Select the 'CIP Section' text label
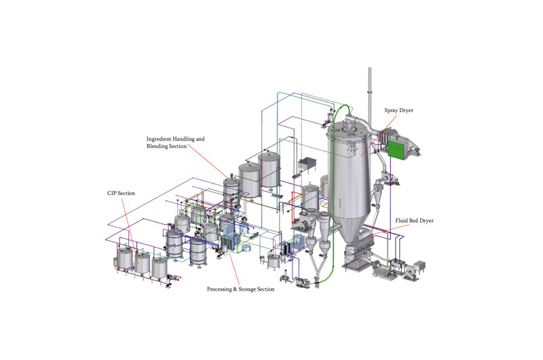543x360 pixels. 121,194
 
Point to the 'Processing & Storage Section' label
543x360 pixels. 240,289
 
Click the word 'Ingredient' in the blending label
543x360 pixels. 162,139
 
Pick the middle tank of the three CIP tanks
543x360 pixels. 143,262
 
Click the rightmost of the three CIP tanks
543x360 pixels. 160,266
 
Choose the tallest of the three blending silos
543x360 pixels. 269,170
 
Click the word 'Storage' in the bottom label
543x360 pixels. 248,289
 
